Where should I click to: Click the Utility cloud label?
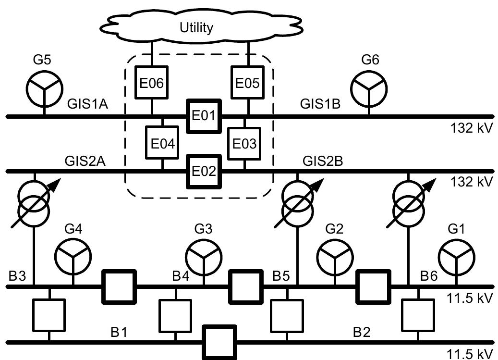coord(196,28)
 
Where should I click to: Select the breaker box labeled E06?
coord(152,83)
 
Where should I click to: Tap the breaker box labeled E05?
coord(247,83)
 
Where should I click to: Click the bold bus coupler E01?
coord(204,116)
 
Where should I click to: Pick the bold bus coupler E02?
coord(204,171)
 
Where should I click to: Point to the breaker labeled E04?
coord(162,143)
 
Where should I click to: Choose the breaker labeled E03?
coord(244,143)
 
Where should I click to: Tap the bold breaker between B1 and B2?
coord(219,342)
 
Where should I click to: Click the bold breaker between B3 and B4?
coord(119,286)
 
